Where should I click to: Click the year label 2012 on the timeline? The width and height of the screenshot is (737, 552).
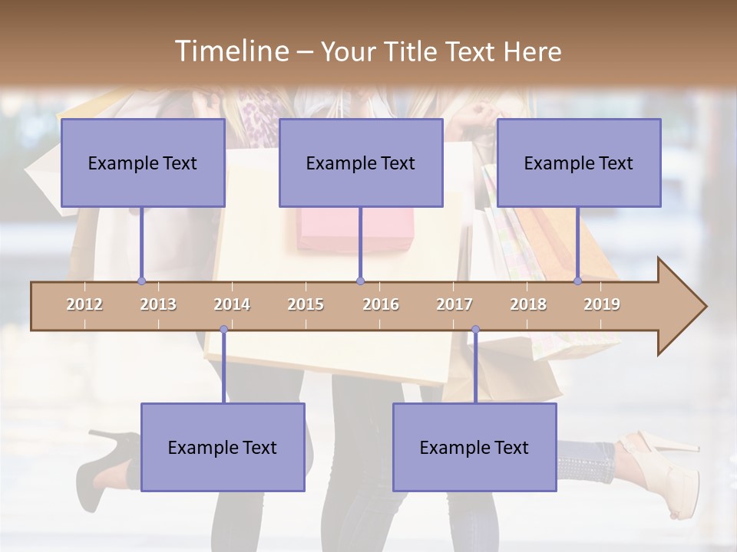[84, 304]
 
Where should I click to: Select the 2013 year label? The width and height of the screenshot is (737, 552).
[158, 304]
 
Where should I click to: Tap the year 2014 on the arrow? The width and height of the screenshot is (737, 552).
[232, 304]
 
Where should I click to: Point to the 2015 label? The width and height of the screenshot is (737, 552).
[306, 304]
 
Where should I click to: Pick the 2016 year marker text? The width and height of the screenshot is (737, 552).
[381, 304]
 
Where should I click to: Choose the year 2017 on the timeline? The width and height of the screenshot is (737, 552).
[454, 304]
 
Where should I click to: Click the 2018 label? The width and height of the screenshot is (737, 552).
[528, 304]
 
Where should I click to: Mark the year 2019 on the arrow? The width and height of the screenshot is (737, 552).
[602, 304]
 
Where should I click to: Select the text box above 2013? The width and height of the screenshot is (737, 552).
[143, 163]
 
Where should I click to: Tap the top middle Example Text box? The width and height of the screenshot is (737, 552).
[361, 163]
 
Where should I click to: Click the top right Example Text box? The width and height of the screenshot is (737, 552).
[579, 163]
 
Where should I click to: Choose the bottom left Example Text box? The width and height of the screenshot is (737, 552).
[223, 447]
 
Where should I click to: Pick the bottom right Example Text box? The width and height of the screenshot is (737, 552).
[474, 447]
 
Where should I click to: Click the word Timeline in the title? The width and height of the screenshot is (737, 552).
[231, 51]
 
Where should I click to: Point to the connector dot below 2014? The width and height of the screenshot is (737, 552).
[223, 330]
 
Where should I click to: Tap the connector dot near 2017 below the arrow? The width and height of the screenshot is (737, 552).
[475, 330]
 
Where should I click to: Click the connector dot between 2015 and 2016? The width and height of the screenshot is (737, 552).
[360, 281]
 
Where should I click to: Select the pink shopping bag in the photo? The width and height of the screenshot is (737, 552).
[355, 230]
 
